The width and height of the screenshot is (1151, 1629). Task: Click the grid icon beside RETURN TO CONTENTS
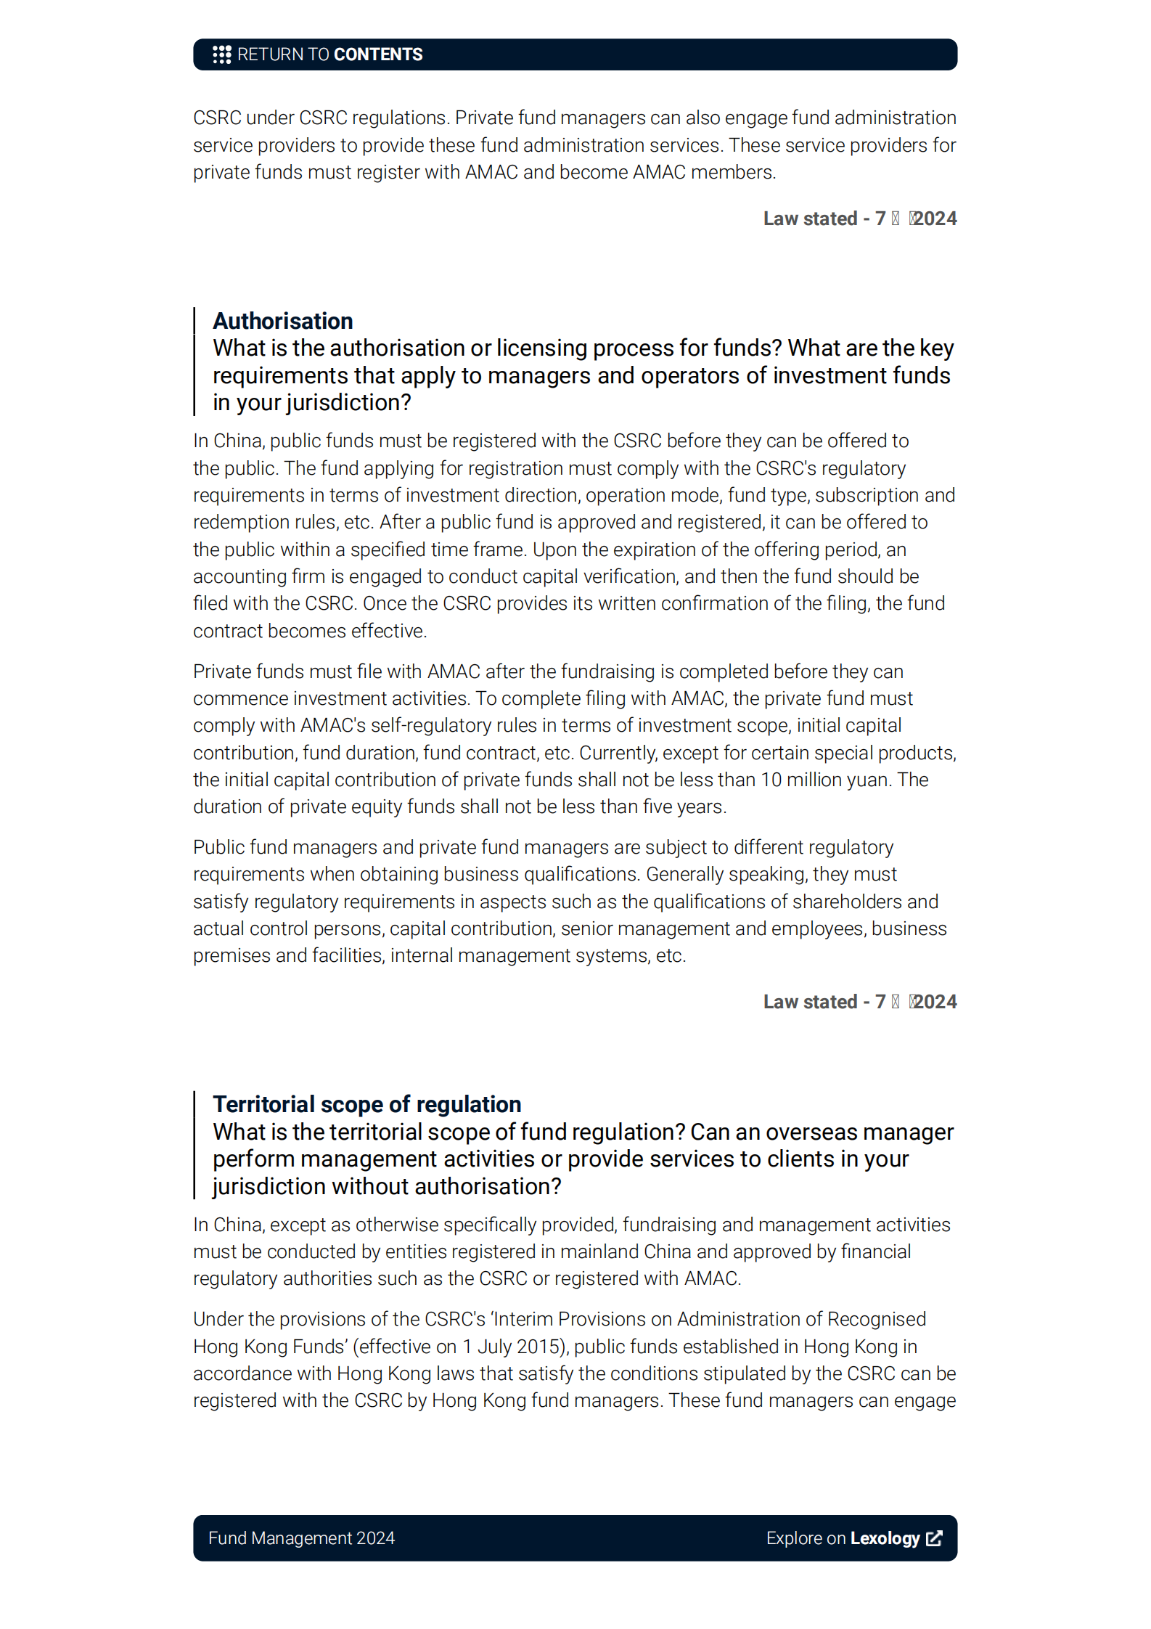(x=221, y=54)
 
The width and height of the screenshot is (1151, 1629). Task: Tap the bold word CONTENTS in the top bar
(x=378, y=54)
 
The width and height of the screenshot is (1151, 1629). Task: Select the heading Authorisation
(x=282, y=321)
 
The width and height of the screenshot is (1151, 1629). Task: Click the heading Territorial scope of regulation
(x=366, y=1104)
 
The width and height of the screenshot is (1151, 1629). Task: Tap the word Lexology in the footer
(x=885, y=1538)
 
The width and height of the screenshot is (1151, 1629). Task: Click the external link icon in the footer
(x=935, y=1538)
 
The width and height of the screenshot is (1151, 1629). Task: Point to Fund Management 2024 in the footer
(x=301, y=1538)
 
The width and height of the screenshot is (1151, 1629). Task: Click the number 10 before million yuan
(x=771, y=780)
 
